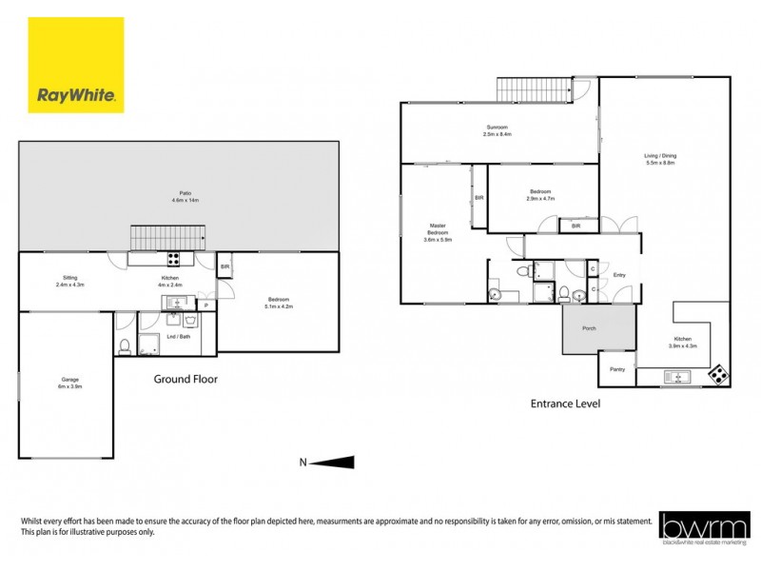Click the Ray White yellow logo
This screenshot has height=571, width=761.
coord(75,65)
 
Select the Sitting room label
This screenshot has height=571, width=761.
coord(69,281)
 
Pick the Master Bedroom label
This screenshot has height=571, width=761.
coord(437,232)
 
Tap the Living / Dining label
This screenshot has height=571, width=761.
coord(660,159)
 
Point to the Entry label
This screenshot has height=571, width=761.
coord(619,276)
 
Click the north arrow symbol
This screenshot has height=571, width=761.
coord(333,463)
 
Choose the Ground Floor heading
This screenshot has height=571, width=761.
coord(185,379)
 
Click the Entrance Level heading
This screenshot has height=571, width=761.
coord(564,404)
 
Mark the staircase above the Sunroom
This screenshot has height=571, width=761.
coord(533,90)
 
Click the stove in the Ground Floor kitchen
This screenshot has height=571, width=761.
coord(174,258)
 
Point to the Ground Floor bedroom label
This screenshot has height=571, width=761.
coord(279,305)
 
